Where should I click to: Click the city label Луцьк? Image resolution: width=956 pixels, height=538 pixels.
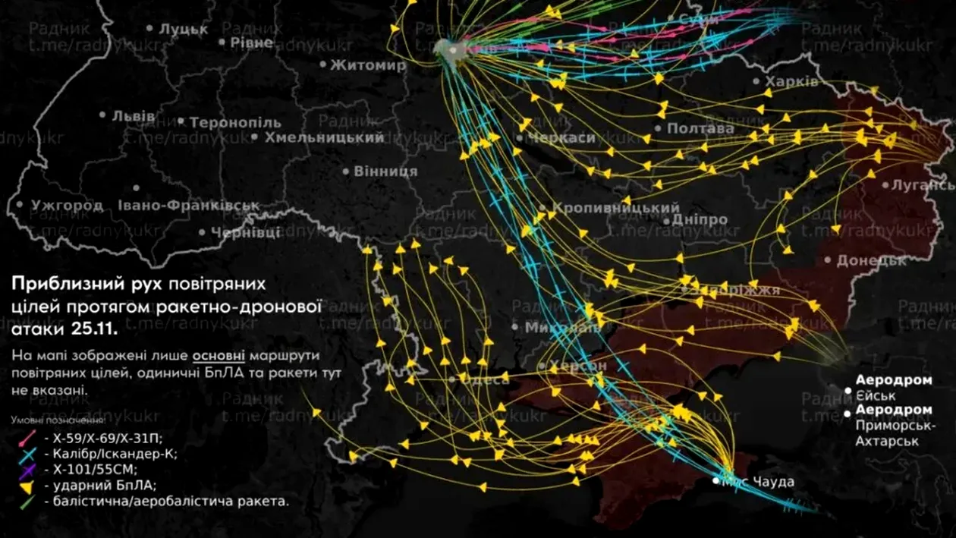pyautogui.click(x=183, y=30)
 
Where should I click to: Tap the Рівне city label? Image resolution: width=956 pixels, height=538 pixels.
pyautogui.click(x=251, y=42)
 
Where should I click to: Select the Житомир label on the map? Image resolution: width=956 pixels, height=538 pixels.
pyautogui.click(x=368, y=65)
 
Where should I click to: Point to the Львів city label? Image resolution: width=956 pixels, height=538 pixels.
pyautogui.click(x=134, y=116)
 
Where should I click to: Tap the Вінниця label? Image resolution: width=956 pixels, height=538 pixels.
pyautogui.click(x=385, y=171)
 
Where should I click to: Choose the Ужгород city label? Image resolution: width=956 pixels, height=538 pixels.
pyautogui.click(x=67, y=205)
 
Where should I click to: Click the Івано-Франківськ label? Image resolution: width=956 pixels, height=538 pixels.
pyautogui.click(x=189, y=206)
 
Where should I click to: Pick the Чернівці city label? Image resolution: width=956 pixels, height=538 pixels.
pyautogui.click(x=245, y=232)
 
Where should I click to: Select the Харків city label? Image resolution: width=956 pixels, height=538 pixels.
pyautogui.click(x=791, y=82)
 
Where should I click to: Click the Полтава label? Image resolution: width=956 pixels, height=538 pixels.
pyautogui.click(x=700, y=129)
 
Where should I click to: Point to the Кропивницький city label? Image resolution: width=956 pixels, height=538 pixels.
pyautogui.click(x=615, y=208)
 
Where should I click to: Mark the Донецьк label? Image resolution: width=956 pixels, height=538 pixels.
pyautogui.click(x=872, y=261)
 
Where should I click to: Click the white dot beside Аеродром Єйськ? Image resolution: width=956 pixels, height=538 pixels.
pyautogui.click(x=848, y=390)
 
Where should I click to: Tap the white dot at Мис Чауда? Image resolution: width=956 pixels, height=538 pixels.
pyautogui.click(x=717, y=481)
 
